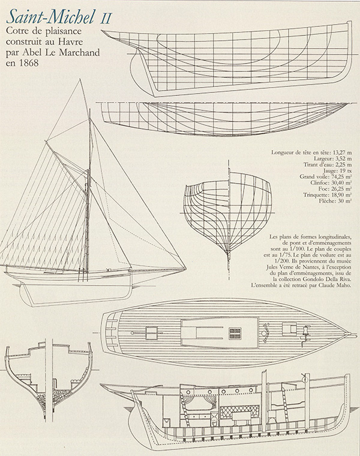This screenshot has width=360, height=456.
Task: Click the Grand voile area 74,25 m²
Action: point(341,177)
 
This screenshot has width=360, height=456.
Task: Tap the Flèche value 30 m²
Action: point(344,201)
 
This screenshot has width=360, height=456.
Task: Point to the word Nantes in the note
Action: point(316,266)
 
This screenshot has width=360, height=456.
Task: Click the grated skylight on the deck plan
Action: point(235,334)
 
